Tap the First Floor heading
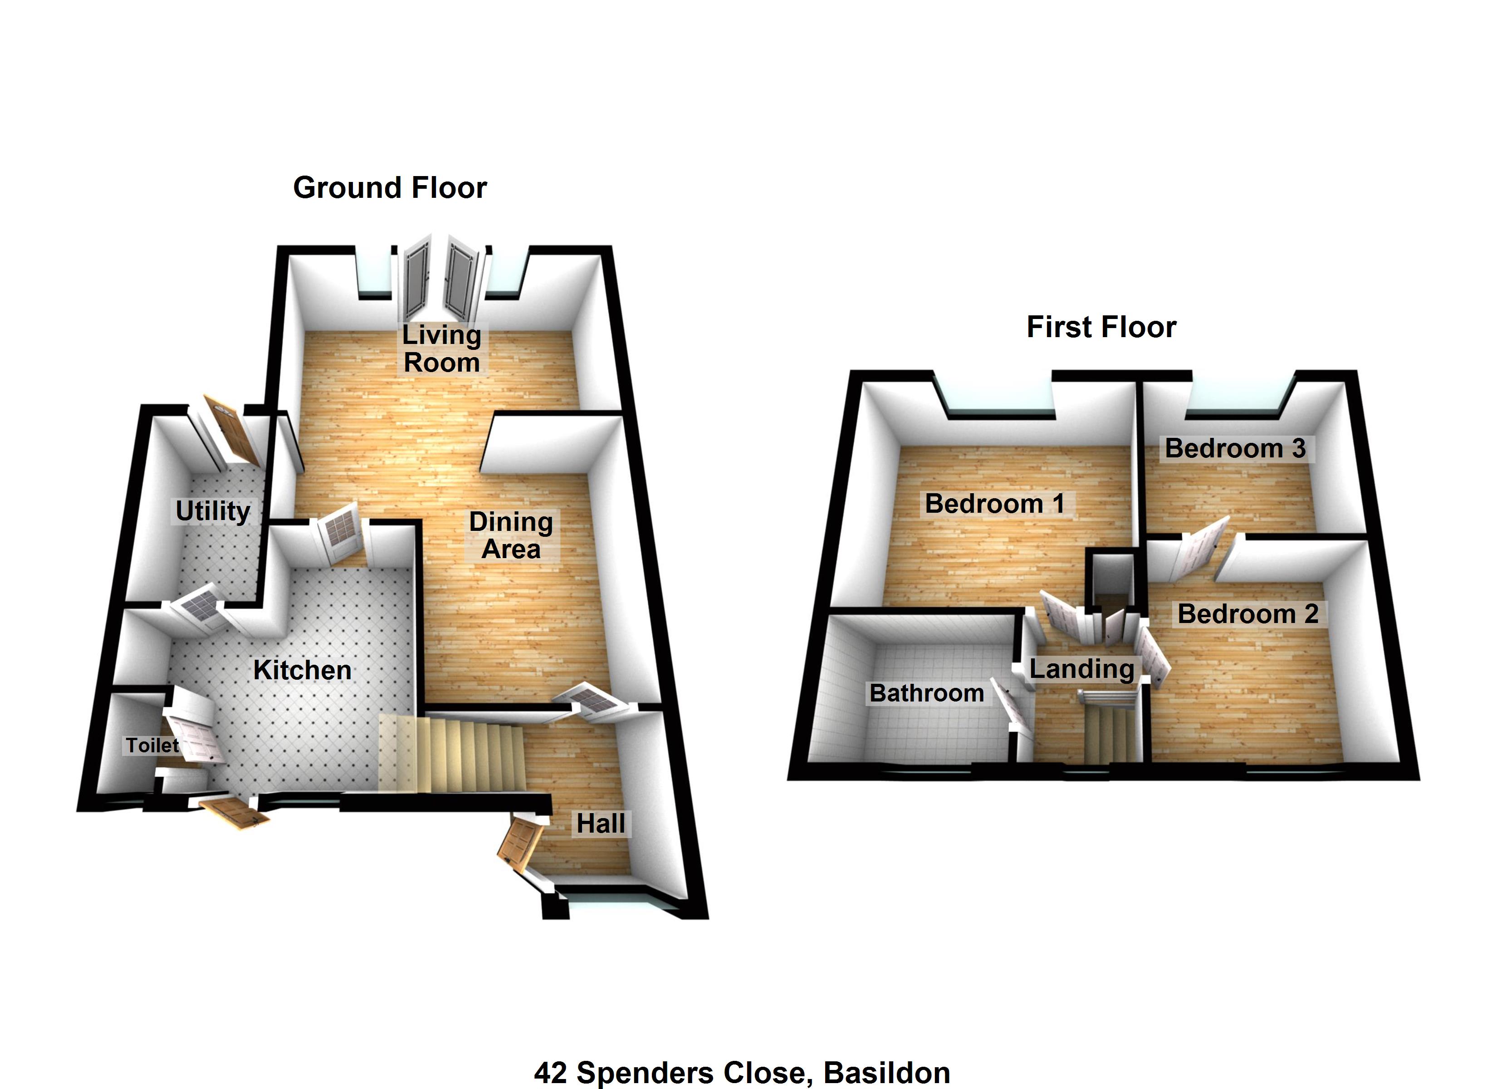[1101, 328]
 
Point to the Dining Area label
[511, 535]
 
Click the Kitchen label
[302, 670]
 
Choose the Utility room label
[213, 511]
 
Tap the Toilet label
[152, 746]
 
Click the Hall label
[600, 824]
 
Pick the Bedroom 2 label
[1247, 614]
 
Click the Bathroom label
[926, 693]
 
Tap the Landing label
[1081, 669]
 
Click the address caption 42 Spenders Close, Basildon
[741, 1073]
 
